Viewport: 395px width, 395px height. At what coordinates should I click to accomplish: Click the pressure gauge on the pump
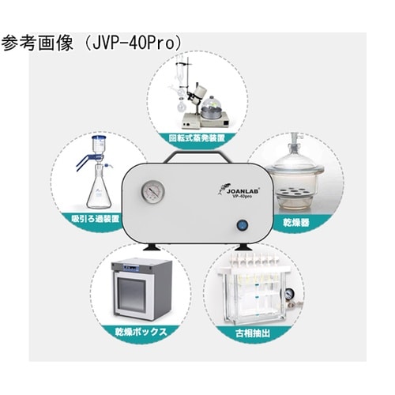point(153,191)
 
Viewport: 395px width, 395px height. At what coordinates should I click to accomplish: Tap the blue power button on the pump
point(243,226)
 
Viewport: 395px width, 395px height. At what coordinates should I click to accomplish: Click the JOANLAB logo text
point(243,191)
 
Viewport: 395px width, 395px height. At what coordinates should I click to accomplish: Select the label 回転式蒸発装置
point(197,137)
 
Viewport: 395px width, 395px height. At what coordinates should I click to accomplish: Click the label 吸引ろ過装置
point(96,219)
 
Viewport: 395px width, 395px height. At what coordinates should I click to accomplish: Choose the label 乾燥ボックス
point(141,332)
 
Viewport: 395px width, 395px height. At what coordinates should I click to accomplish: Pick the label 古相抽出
point(253,333)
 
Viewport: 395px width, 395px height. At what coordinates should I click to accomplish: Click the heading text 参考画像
point(37,43)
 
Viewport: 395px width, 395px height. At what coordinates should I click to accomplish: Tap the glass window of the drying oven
point(131,294)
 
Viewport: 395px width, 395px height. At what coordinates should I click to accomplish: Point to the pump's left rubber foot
point(151,247)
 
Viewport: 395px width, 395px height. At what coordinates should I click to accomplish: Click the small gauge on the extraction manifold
point(288,293)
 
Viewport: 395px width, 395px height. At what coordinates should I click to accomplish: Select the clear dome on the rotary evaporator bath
point(211,105)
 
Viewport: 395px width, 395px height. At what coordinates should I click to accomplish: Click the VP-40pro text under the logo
point(241,197)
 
